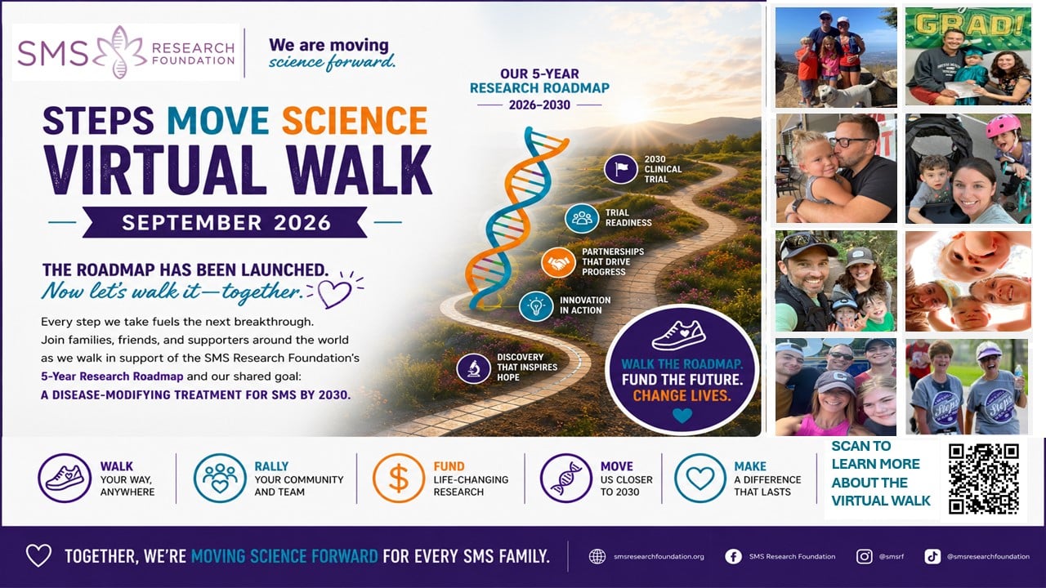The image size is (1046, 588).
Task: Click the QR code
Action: (984, 479)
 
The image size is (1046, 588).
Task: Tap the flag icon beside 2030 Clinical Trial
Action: (620, 168)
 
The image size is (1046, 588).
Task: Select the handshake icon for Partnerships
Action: (558, 262)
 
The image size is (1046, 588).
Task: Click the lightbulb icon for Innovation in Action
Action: (535, 306)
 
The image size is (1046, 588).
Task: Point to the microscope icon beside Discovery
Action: (473, 368)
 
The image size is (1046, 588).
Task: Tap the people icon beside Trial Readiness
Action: (581, 218)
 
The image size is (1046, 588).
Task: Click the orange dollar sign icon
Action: (398, 479)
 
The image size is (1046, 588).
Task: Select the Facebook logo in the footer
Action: (733, 556)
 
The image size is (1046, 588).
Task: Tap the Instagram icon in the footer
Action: (864, 556)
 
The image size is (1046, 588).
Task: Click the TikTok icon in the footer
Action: (932, 556)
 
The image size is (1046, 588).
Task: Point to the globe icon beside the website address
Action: (597, 556)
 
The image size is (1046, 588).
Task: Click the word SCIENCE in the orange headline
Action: (355, 120)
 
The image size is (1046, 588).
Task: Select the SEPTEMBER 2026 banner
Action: (226, 222)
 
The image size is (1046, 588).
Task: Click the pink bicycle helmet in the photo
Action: (1008, 126)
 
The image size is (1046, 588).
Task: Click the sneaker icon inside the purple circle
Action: (678, 335)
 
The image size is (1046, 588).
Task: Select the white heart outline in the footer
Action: (38, 556)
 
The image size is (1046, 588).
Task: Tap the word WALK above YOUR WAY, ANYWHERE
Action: (117, 466)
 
